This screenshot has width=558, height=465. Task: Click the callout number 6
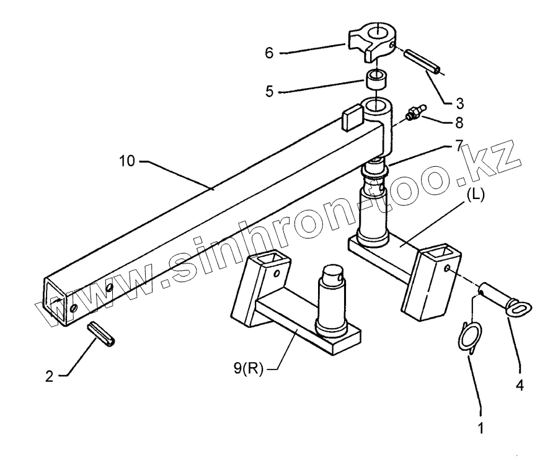click(268, 53)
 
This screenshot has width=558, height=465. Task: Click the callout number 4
click(520, 385)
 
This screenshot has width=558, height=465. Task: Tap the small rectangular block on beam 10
click(353, 117)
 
